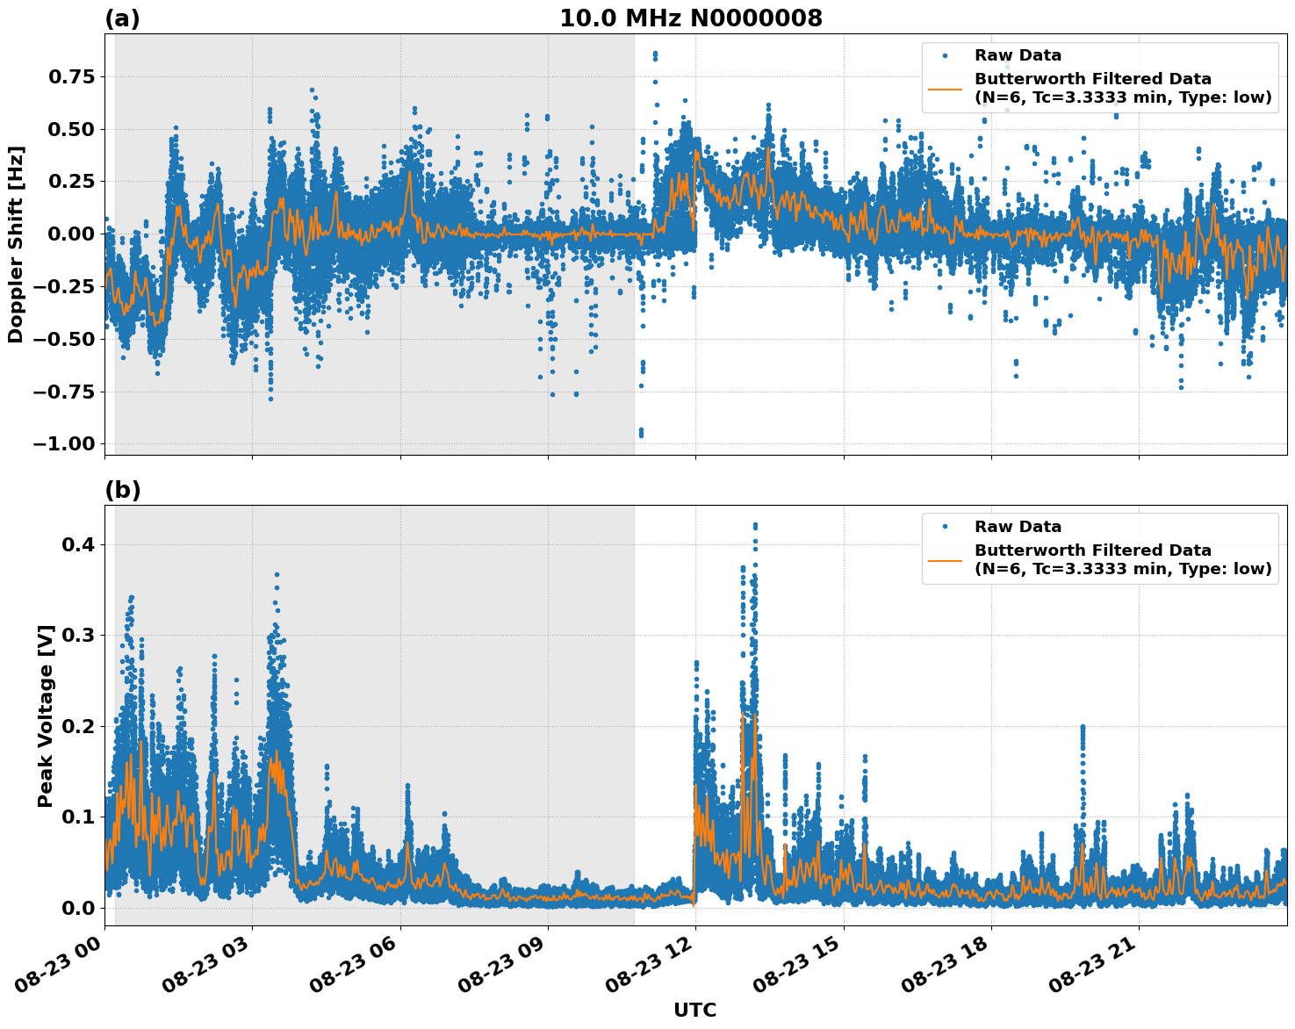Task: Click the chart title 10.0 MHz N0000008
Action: tap(691, 18)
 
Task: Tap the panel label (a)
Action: tap(122, 18)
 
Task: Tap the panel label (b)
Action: tap(122, 490)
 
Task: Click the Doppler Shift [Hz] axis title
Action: tap(16, 244)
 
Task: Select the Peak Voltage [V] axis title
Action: tap(46, 716)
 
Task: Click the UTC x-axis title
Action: tap(694, 1010)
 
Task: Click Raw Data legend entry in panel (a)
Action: tap(1018, 55)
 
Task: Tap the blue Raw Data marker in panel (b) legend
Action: tap(946, 527)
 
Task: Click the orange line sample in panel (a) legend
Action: tap(946, 88)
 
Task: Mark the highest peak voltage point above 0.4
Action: tap(755, 525)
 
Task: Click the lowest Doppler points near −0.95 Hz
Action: tap(641, 433)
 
